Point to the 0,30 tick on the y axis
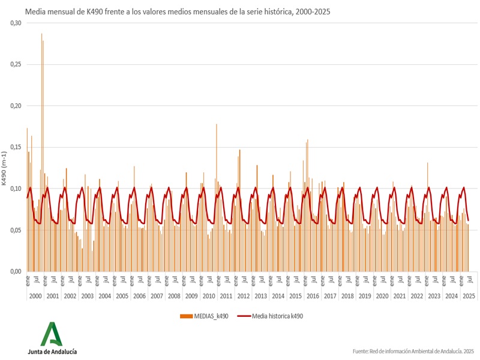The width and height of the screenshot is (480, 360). tap(15, 23)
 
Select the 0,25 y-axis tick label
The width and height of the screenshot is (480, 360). tap(15, 64)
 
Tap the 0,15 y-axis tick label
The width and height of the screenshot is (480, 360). tap(15, 147)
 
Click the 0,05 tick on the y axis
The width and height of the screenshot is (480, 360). tap(15, 230)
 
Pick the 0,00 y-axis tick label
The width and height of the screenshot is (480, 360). tap(15, 271)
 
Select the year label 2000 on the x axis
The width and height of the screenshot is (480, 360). tap(35, 296)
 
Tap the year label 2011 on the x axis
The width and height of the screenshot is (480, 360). tap(226, 296)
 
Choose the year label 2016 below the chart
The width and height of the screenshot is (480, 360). tap(313, 296)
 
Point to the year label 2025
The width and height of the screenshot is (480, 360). tap(469, 296)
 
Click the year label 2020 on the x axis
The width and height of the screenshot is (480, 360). tap(382, 296)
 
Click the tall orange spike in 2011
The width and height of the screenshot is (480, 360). tap(217, 126)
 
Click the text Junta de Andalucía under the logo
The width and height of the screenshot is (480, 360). tap(52, 352)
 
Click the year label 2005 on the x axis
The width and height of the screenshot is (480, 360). tap(122, 296)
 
